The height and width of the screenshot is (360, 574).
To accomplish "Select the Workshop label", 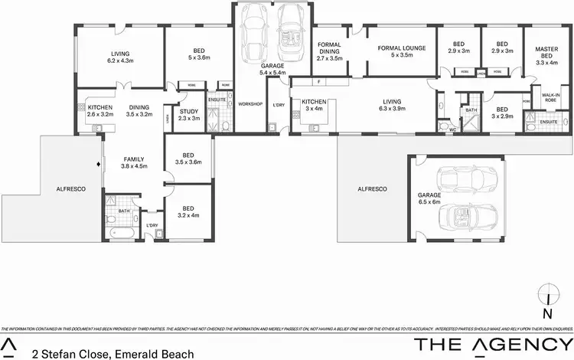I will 249,103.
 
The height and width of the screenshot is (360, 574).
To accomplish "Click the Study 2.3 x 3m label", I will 188,115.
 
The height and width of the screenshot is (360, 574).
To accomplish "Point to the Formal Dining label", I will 331,51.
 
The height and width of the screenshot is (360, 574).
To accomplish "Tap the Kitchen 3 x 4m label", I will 314,105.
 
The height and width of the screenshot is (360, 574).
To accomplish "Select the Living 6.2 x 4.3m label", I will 120,56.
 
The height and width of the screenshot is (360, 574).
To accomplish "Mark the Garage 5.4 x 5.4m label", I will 272,70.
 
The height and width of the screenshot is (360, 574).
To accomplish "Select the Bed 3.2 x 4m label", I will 188,211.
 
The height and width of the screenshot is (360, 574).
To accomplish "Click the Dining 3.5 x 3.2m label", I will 139,110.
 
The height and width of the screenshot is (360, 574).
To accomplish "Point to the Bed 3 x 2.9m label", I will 502,113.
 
